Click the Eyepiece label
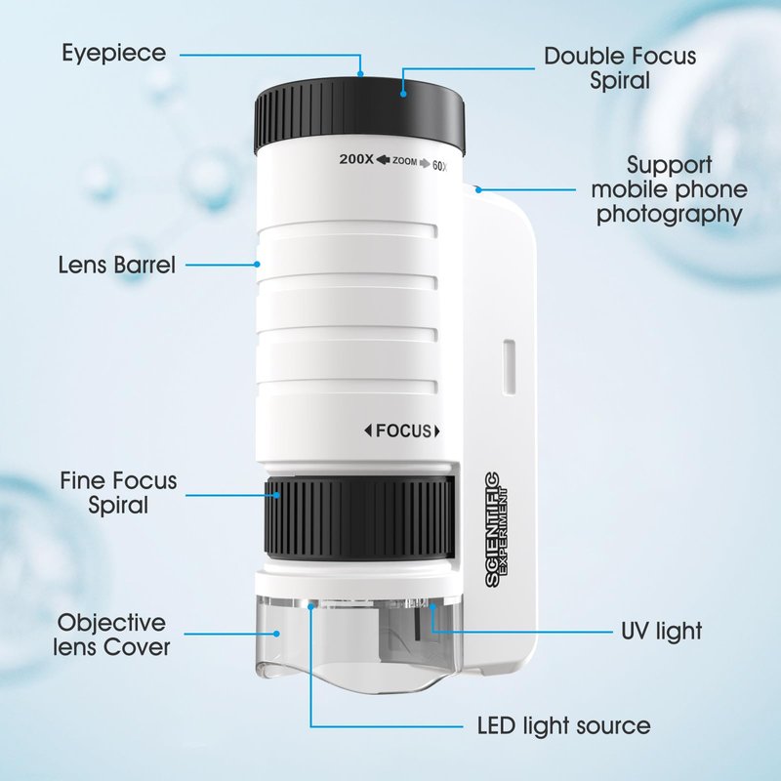tap(113, 54)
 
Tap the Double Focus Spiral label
tap(620, 68)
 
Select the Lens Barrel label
tap(116, 265)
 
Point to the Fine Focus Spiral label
tap(118, 493)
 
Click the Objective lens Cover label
tap(111, 635)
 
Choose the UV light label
tap(662, 631)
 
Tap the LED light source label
tap(564, 725)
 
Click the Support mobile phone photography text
tap(669, 189)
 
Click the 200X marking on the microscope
tap(356, 159)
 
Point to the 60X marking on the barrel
tap(440, 166)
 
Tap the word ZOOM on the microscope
tap(404, 161)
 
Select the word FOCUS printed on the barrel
tap(403, 431)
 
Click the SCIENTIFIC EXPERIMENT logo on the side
tap(496, 529)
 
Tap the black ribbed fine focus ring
tap(359, 517)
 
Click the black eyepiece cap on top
tap(360, 114)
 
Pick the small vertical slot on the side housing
tap(509, 368)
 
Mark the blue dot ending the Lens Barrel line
tap(257, 265)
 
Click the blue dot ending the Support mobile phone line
tap(478, 189)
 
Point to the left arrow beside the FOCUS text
tap(368, 431)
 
